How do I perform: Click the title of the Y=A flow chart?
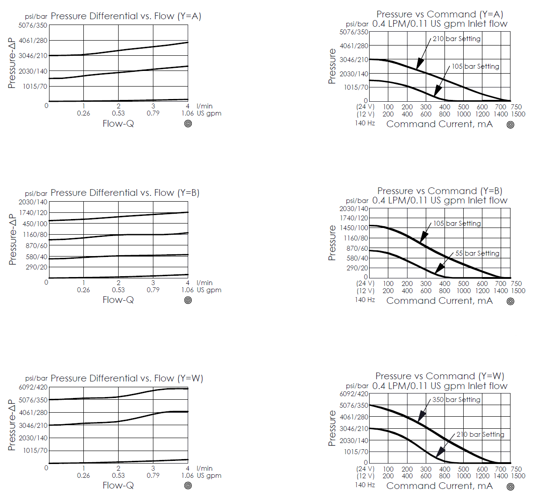(126, 16)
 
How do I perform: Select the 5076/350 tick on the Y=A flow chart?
(33, 25)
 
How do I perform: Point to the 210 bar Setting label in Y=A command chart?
(457, 39)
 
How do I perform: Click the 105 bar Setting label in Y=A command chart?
(475, 66)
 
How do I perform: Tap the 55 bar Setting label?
(477, 253)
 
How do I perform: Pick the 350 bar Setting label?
(457, 400)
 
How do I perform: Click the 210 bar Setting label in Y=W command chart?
(480, 435)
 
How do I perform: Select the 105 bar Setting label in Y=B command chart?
(457, 224)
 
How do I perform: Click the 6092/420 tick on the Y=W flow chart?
(33, 387)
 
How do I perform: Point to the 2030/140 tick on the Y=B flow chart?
(33, 202)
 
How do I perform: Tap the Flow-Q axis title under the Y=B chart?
(118, 300)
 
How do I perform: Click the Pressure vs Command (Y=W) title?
(440, 376)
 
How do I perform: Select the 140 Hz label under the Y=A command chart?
(365, 123)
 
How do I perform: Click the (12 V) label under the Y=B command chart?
(365, 291)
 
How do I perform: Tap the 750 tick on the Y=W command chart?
(516, 469)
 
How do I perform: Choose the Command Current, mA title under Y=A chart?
(439, 124)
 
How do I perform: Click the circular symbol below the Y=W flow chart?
(188, 485)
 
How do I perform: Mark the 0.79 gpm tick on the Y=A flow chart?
(153, 113)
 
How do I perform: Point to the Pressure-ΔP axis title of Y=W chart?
(12, 425)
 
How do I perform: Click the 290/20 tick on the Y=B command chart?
(357, 268)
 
